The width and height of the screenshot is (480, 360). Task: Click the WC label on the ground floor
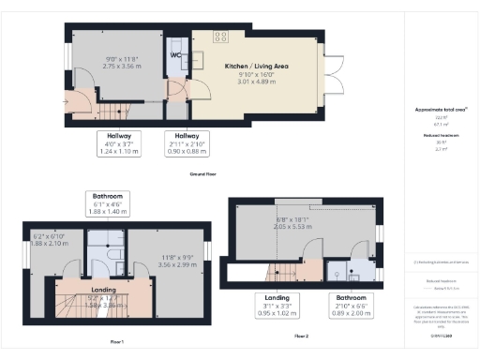pos(174,54)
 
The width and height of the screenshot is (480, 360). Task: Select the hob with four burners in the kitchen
pos(221,37)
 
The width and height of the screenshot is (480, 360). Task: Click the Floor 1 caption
pos(116,341)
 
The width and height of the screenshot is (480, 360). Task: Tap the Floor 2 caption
pos(300,335)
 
